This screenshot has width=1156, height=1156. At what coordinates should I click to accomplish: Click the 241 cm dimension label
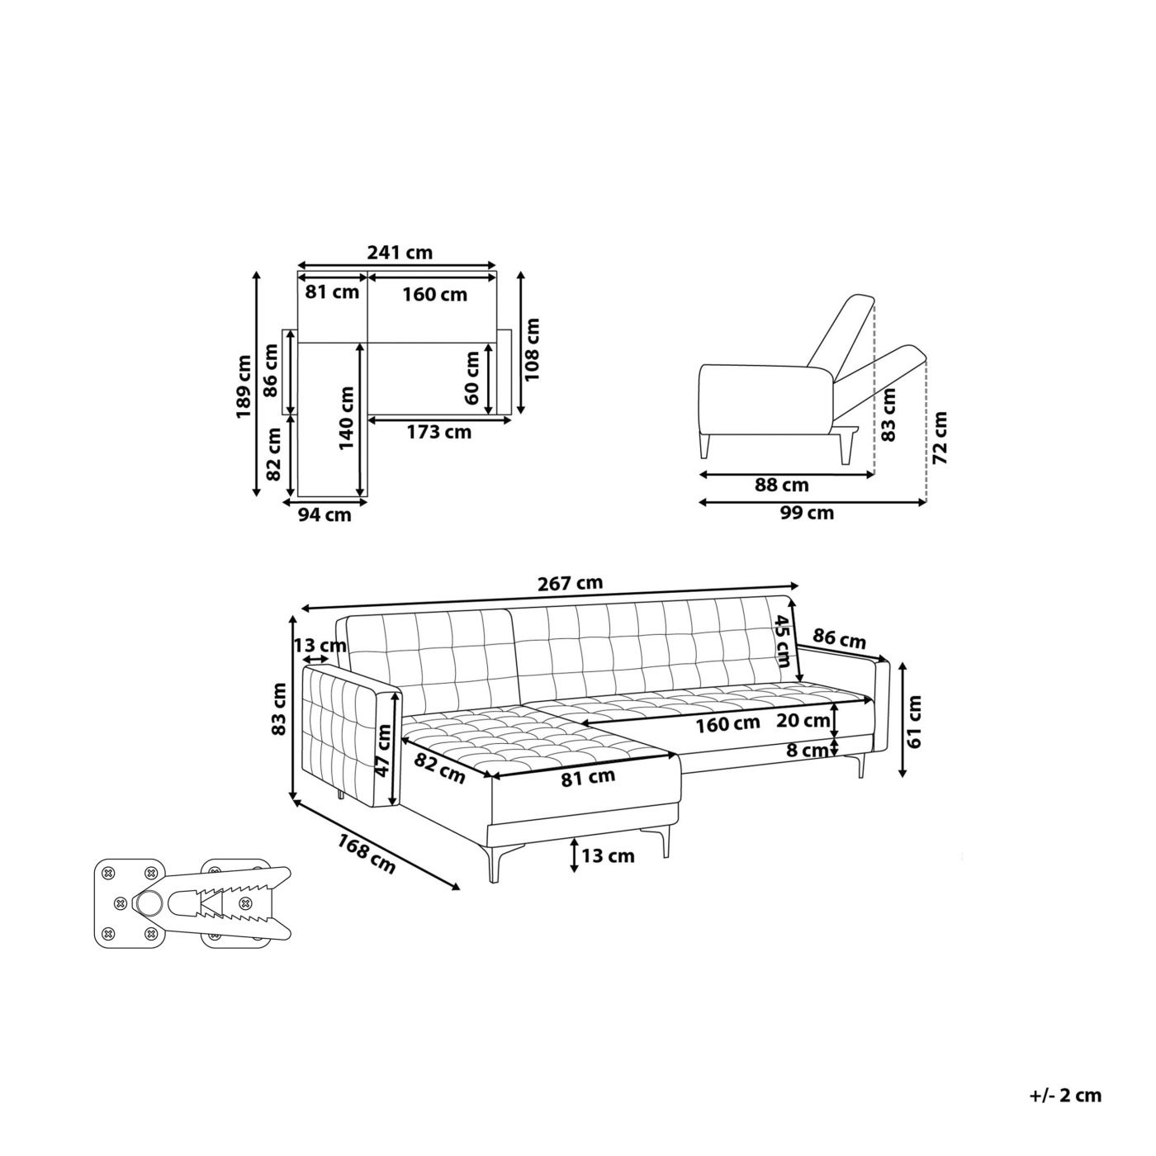point(400,253)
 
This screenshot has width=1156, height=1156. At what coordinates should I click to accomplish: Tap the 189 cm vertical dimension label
point(244,387)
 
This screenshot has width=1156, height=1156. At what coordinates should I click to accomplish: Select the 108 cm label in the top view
point(532,349)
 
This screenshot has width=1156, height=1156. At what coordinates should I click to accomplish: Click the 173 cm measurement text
point(439,432)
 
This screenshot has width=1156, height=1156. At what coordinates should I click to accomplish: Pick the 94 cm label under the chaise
point(325,514)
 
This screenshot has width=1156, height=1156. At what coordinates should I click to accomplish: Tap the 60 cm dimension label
point(471,378)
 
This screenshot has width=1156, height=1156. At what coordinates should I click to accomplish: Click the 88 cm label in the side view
point(782,485)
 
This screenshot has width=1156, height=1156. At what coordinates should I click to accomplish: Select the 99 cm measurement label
point(807,513)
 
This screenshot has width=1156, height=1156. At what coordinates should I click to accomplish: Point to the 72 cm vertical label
point(940,438)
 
